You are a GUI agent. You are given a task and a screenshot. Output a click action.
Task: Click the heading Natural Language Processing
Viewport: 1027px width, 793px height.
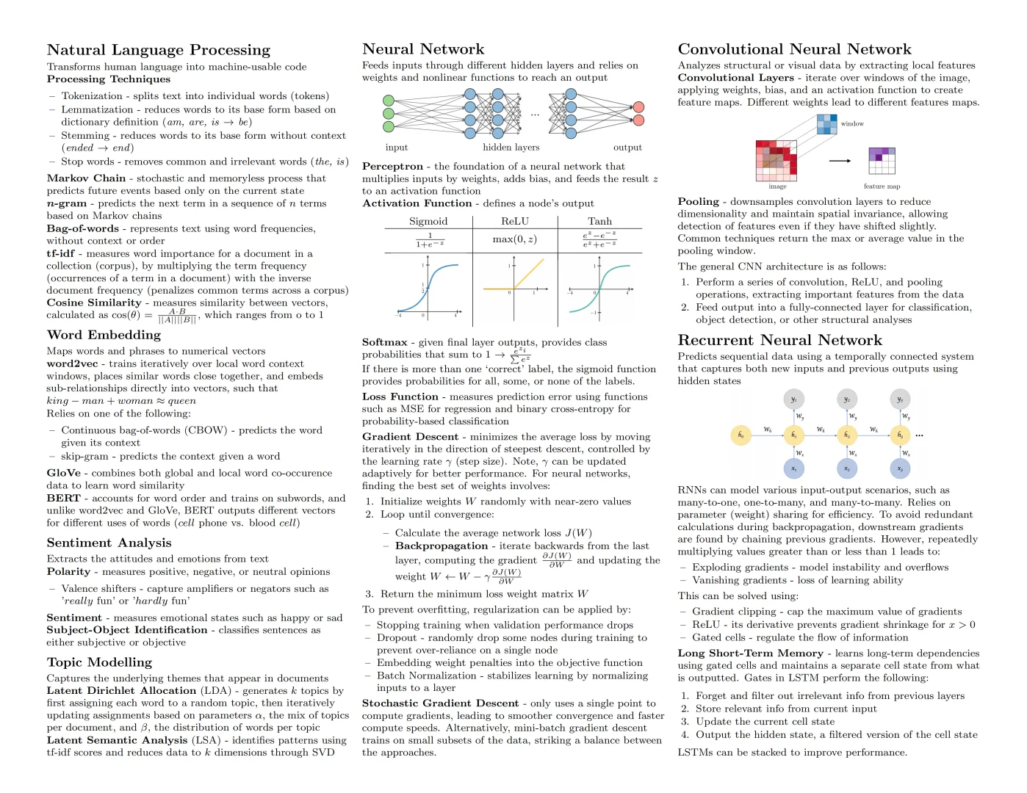(x=158, y=50)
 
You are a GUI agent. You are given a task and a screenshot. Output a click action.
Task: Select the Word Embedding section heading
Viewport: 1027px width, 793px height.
(x=104, y=335)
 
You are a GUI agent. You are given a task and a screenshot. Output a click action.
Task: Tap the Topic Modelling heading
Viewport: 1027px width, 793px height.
(x=99, y=662)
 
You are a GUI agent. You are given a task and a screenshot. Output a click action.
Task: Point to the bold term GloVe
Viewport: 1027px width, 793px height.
(x=63, y=473)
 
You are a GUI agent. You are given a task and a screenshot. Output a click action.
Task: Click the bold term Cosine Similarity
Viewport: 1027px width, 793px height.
(x=94, y=303)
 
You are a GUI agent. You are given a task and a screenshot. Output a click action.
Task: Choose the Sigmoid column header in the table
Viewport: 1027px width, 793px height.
(x=428, y=221)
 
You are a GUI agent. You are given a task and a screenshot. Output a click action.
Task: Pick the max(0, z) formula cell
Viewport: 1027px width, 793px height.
(x=514, y=239)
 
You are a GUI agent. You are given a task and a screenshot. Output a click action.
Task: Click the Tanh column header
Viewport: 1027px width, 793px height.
(x=599, y=221)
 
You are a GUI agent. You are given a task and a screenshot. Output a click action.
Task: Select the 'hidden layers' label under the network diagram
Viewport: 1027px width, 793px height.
(x=511, y=148)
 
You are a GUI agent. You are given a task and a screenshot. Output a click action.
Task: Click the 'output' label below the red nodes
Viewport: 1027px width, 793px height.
(x=627, y=148)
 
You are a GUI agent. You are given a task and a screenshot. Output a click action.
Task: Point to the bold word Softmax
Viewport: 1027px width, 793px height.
(x=384, y=342)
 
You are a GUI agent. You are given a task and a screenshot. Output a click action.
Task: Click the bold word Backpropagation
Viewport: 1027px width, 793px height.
(x=441, y=546)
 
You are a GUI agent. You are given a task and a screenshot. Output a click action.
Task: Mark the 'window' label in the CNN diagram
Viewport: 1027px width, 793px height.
(x=852, y=124)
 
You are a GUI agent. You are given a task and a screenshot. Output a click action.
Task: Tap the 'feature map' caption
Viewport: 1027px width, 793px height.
(x=882, y=187)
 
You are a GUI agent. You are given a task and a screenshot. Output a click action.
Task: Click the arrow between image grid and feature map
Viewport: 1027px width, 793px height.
(x=840, y=161)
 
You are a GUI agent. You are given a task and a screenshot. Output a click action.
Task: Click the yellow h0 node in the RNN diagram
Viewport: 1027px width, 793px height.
(x=740, y=435)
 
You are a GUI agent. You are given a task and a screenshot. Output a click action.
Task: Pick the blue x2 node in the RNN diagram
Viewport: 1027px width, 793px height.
(x=847, y=468)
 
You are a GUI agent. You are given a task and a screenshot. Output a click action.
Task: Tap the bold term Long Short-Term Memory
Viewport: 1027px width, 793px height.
(x=750, y=653)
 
